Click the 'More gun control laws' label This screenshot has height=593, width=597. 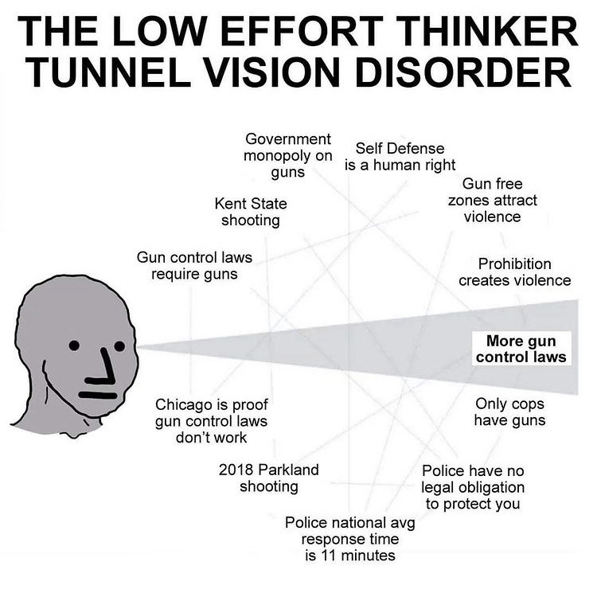click(x=521, y=348)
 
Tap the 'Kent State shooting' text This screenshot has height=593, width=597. click(x=251, y=212)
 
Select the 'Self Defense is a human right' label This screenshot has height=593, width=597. click(x=400, y=157)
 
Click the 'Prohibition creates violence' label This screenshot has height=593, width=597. click(x=515, y=272)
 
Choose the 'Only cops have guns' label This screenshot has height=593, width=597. click(x=509, y=411)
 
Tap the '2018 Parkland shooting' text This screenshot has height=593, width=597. click(x=268, y=478)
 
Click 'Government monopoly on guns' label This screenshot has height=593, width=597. click(x=287, y=155)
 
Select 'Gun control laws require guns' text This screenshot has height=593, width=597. click(x=194, y=266)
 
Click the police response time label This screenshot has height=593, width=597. click(x=350, y=539)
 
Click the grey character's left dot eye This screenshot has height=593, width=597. click(x=73, y=345)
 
